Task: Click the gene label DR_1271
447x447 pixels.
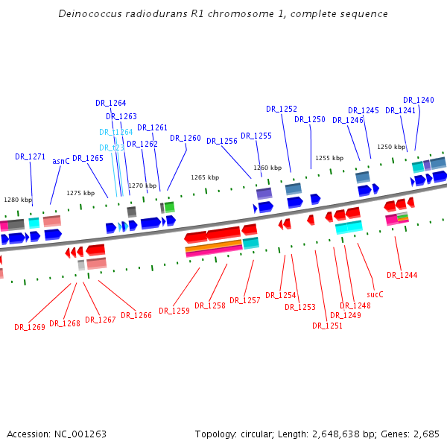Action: pos(30,157)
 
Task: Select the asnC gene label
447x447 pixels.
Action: pos(60,161)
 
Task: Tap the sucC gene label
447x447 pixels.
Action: pos(375,294)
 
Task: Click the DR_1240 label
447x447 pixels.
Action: pos(418,100)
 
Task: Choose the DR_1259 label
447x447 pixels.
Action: pos(174,311)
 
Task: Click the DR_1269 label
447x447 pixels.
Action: pos(29,327)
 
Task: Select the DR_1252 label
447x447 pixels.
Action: pos(282,109)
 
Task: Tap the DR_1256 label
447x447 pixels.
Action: pos(222,141)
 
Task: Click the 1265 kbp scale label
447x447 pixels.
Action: pos(205,177)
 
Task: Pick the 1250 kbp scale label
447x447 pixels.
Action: pos(391,147)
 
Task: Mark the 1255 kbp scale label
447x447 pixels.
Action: pos(329,158)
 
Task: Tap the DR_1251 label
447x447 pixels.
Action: pos(327,326)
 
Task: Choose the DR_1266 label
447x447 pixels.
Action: pos(136,315)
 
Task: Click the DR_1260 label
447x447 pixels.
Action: pos(186,138)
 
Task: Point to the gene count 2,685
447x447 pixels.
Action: pos(425,434)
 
